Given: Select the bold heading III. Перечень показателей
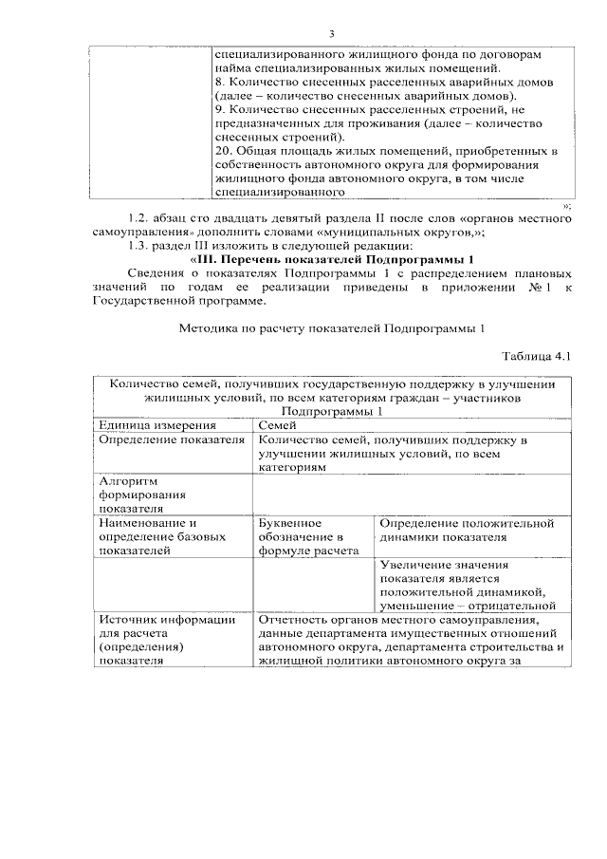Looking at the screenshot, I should [331, 259].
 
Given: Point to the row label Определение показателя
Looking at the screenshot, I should [165, 440].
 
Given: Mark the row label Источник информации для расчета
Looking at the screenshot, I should [167, 640].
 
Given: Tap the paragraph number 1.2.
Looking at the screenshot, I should [140, 218].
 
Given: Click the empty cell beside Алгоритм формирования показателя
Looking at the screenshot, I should [411, 494].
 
